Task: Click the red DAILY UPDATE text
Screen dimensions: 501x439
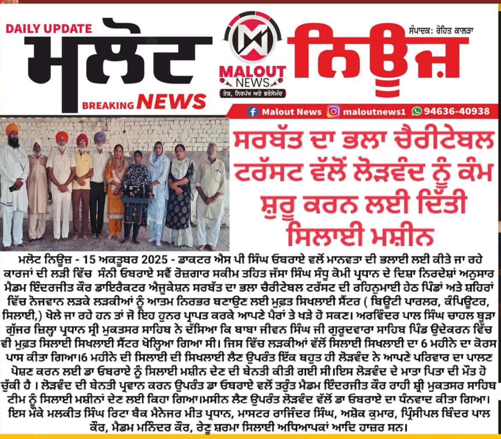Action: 49,29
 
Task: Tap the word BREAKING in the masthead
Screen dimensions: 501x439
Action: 108,105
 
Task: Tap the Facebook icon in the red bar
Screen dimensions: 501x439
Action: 253,111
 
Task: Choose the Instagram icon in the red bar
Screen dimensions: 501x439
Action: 333,111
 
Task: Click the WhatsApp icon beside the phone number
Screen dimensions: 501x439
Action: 416,111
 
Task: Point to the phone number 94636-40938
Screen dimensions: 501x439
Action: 456,111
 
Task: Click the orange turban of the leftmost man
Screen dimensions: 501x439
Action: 12,128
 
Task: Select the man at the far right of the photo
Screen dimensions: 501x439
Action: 210,193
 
